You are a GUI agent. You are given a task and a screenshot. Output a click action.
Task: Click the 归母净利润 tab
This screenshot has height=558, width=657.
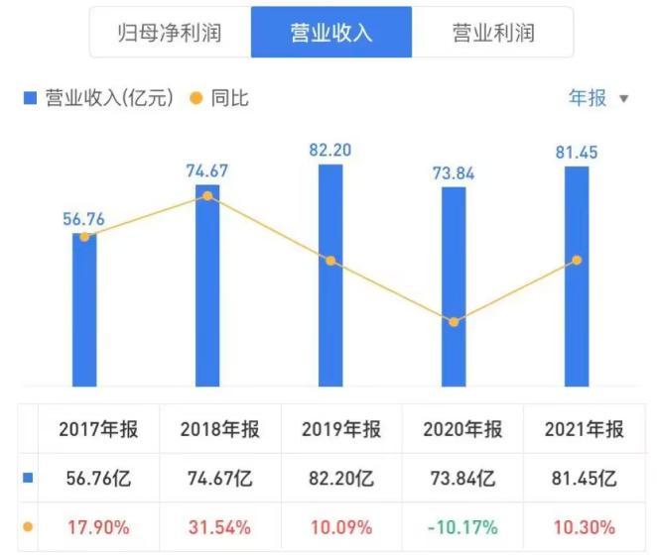coord(170,33)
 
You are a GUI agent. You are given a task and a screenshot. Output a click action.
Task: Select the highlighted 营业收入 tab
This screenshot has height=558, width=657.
coord(331,33)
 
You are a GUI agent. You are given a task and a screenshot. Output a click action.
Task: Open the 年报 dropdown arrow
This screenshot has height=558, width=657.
coord(624,99)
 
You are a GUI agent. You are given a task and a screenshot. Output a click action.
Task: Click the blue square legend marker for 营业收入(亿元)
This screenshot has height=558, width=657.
coord(30,98)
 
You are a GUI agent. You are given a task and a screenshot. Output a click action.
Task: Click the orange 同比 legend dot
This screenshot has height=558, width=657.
coord(195,98)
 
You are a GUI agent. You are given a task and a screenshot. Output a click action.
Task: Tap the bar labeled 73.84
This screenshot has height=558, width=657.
coord(454,286)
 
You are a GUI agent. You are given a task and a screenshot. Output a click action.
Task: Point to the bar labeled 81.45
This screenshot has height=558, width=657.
coord(577,277)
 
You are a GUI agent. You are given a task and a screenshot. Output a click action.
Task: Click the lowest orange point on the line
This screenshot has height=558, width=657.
coord(454,322)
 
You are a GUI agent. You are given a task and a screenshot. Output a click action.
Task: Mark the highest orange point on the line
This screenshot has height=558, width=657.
coord(207,195)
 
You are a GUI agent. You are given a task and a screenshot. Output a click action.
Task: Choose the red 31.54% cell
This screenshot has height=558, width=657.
coord(216,527)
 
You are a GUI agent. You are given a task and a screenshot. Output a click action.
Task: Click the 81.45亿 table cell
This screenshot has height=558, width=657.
coord(585,479)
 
